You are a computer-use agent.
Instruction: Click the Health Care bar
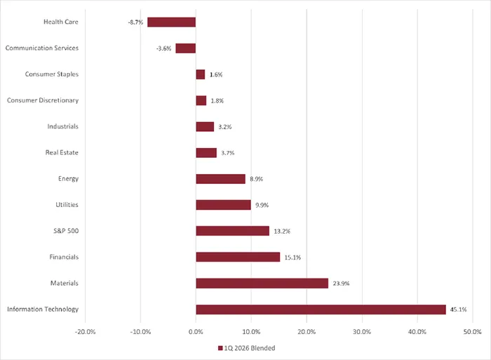click(x=171, y=22)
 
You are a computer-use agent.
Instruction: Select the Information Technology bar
click(x=321, y=309)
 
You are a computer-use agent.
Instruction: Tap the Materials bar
click(x=262, y=284)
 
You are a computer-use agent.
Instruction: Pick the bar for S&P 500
click(x=232, y=231)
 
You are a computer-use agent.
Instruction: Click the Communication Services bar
click(x=185, y=48)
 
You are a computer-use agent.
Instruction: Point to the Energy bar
click(x=220, y=179)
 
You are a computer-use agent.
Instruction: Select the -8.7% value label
click(x=135, y=22)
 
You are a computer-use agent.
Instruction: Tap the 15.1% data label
click(x=292, y=258)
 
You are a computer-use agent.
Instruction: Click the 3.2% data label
click(x=225, y=127)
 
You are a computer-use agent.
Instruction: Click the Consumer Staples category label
click(x=51, y=74)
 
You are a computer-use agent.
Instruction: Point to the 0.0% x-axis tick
click(x=196, y=331)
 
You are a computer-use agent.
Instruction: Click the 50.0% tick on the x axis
click(x=472, y=331)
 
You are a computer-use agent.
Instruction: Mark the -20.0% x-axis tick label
click(x=85, y=331)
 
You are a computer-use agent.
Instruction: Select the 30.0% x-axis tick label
click(x=362, y=331)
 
